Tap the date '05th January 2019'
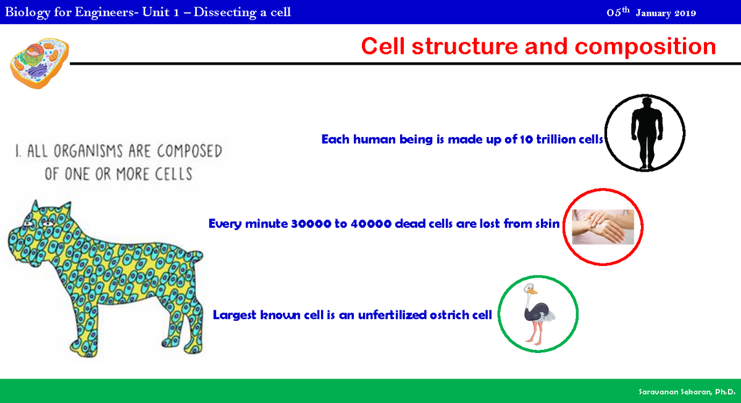(x=651, y=13)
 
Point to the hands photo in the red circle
(x=603, y=227)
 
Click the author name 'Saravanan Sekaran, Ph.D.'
(x=686, y=392)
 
